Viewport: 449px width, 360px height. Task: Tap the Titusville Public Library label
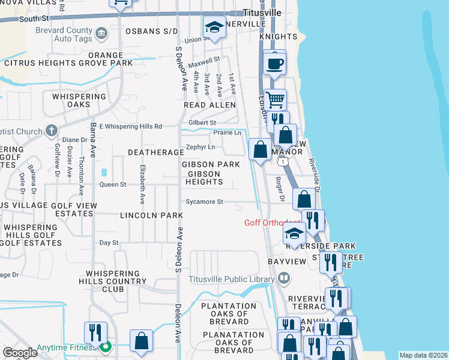[x=231, y=278]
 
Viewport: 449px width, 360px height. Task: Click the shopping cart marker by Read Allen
[x=275, y=100]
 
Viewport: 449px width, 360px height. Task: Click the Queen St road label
[x=113, y=184]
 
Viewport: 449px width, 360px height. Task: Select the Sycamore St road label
[x=204, y=202]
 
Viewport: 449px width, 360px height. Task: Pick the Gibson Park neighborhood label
[x=211, y=164]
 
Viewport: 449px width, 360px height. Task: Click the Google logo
[x=20, y=353]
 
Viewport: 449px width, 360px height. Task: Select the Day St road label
[x=109, y=242]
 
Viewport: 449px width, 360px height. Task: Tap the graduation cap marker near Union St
[x=214, y=27]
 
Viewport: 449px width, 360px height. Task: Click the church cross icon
[x=52, y=130]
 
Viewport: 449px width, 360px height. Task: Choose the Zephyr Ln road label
[x=200, y=146]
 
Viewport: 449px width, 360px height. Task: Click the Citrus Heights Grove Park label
[x=68, y=63]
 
